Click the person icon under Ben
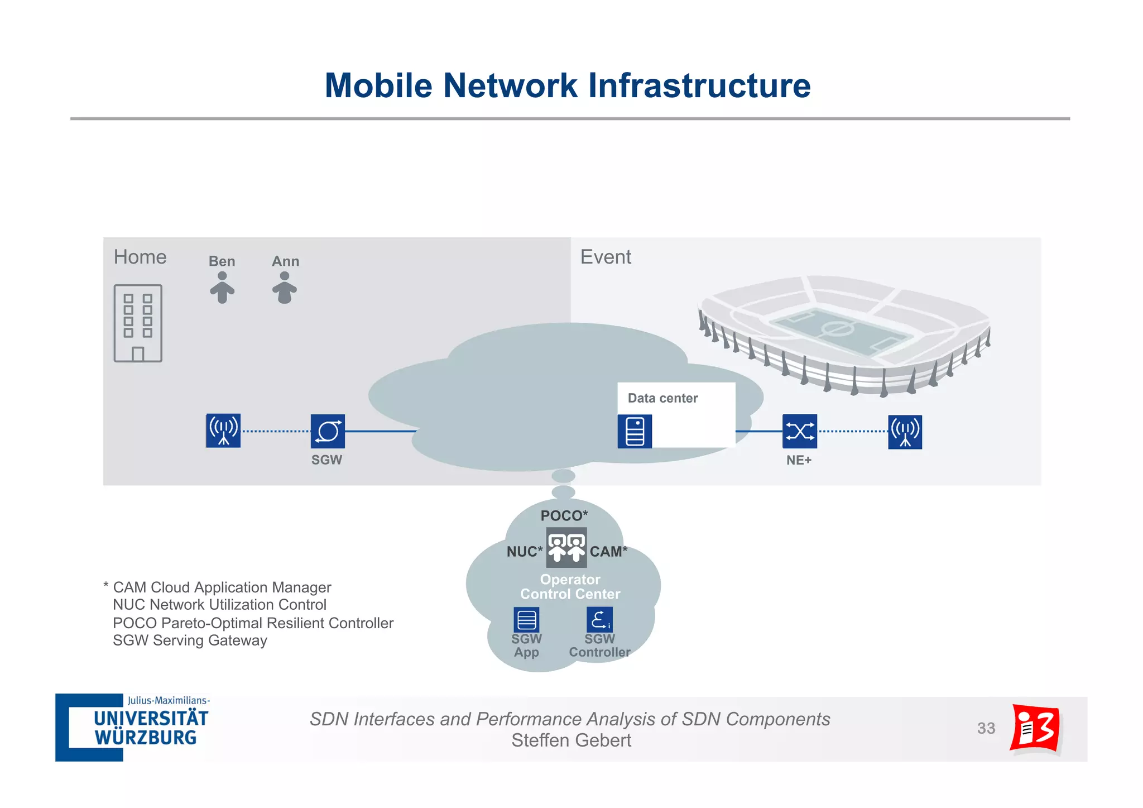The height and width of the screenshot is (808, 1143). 222,288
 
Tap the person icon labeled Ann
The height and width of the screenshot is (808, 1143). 285,288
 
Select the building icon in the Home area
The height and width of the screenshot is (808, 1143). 138,323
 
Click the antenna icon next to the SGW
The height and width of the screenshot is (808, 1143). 223,431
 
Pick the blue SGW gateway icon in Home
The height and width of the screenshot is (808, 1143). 328,431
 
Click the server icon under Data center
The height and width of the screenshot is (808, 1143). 635,431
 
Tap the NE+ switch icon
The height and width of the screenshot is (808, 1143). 799,431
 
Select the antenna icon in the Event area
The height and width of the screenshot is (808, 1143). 905,432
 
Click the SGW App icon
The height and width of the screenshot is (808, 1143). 526,619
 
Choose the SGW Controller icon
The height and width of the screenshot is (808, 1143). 599,619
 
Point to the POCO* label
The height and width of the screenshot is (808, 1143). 564,515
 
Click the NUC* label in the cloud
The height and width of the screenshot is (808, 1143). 524,552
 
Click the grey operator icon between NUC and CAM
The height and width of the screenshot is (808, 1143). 566,547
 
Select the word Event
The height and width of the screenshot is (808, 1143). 606,257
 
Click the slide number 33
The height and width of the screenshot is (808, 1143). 986,728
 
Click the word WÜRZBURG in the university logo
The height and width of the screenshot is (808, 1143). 146,738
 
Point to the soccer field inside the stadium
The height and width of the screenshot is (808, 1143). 840,329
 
